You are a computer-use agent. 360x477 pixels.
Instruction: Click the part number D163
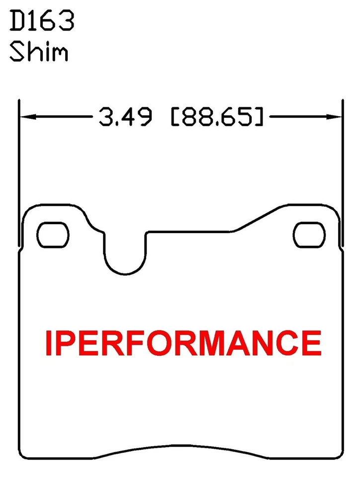pos(42,20)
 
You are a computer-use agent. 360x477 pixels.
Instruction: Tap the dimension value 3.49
pos(125,118)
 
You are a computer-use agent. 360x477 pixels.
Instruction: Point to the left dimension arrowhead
pos(26,118)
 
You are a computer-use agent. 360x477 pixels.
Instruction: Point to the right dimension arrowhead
pos(335,118)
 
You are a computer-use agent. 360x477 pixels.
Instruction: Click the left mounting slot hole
pos(53,234)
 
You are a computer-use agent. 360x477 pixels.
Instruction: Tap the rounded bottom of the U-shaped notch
pos(125,271)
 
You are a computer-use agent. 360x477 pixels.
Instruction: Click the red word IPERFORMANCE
pos(183,342)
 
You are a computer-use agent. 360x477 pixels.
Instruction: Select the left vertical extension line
pos(18,174)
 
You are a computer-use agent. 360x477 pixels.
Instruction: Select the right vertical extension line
pos(342,174)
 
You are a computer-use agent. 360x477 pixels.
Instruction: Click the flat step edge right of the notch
pos(189,231)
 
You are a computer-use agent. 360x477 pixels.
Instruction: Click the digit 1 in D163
pos(31,20)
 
